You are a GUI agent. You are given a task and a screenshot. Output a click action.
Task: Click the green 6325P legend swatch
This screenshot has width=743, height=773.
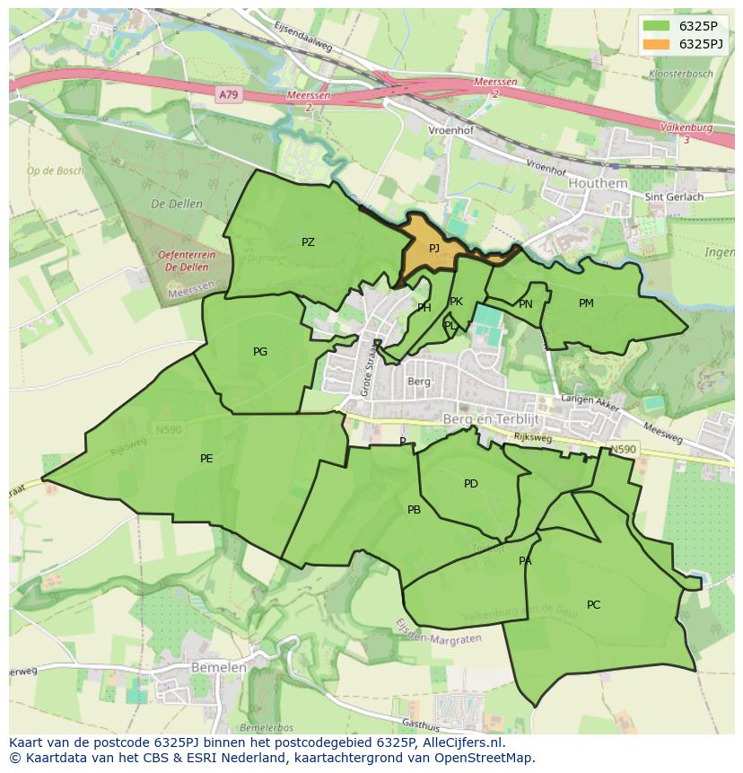click(656, 26)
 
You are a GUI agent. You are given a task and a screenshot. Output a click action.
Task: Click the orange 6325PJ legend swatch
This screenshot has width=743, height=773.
click(656, 44)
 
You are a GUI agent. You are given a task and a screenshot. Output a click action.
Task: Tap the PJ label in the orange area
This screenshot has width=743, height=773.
click(434, 249)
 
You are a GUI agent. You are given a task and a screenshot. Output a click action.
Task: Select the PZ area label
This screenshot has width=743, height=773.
click(308, 242)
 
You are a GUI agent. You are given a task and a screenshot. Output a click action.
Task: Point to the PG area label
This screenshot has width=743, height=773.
click(260, 352)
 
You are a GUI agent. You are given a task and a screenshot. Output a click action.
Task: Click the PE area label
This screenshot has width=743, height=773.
click(206, 459)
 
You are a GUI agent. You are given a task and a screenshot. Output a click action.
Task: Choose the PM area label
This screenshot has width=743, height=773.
click(586, 303)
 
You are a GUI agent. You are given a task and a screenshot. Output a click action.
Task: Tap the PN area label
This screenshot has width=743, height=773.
click(526, 304)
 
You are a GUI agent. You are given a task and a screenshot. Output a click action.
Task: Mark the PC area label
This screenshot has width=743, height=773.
click(593, 605)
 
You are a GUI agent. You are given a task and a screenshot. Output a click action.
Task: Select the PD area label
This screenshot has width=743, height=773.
click(471, 485)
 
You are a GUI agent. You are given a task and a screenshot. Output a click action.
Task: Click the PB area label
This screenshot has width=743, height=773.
click(414, 510)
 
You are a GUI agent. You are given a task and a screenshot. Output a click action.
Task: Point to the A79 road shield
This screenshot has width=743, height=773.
click(230, 94)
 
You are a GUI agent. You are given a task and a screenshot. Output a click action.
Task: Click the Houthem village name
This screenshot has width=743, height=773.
click(599, 183)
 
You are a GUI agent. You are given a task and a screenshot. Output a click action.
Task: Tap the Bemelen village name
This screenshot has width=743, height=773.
click(218, 668)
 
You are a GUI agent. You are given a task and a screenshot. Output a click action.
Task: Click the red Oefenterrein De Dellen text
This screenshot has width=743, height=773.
click(188, 260)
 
